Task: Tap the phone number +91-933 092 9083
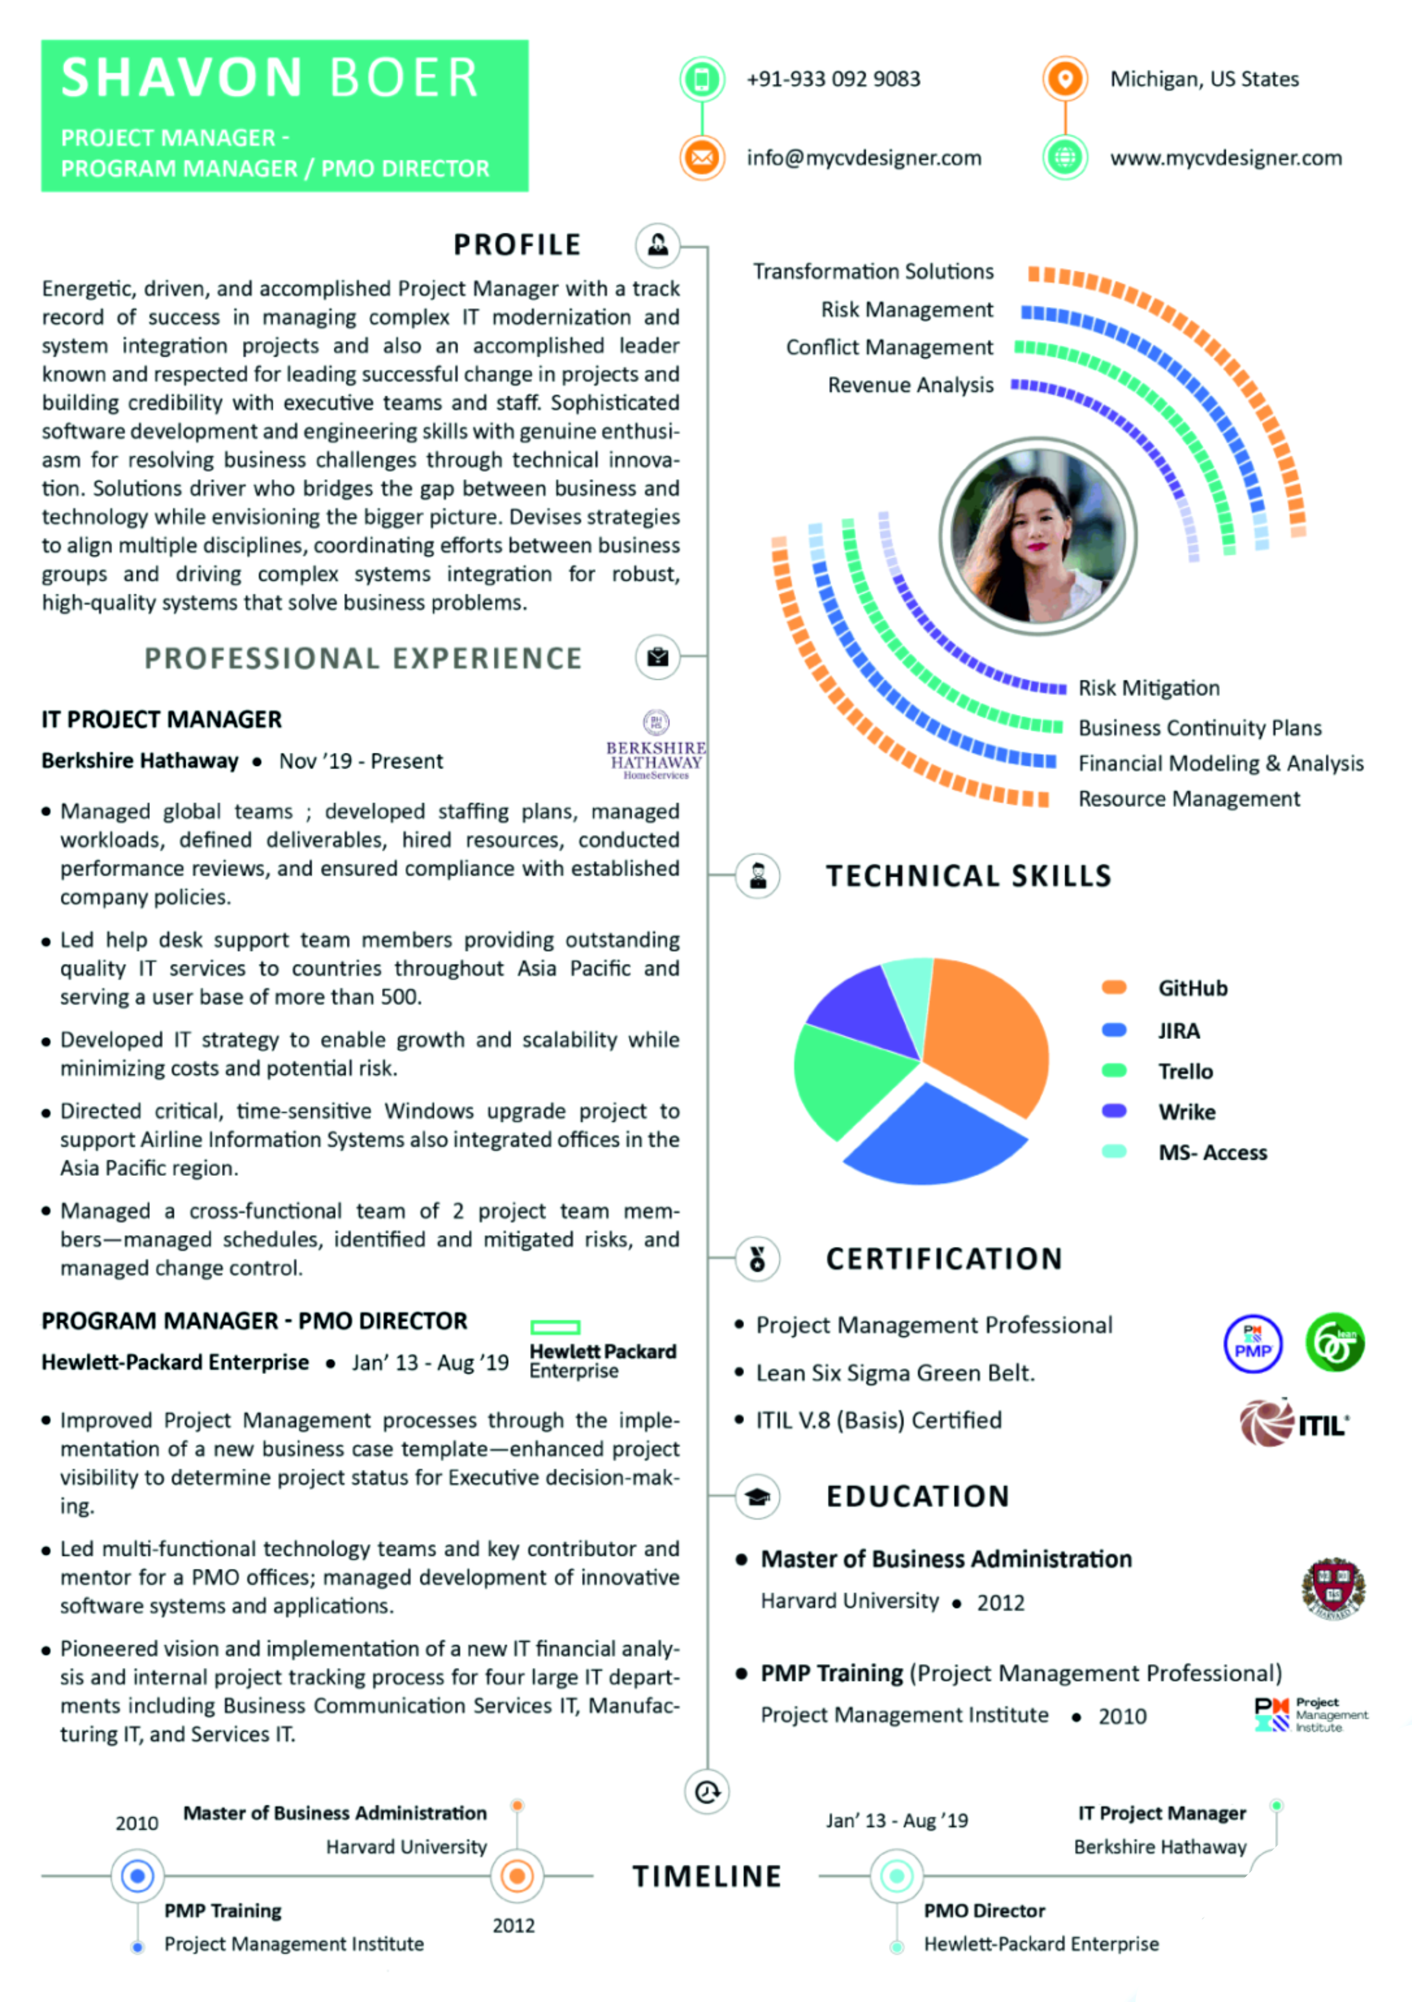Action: (833, 79)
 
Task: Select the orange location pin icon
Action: (1064, 79)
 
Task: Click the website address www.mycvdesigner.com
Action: (1225, 158)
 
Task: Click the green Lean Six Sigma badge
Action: (1334, 1342)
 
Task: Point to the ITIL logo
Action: (1294, 1424)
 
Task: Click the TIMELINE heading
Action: (706, 1876)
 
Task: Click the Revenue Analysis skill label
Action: (911, 385)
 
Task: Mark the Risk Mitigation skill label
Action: (1149, 688)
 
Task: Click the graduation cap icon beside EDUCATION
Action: (757, 1496)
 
